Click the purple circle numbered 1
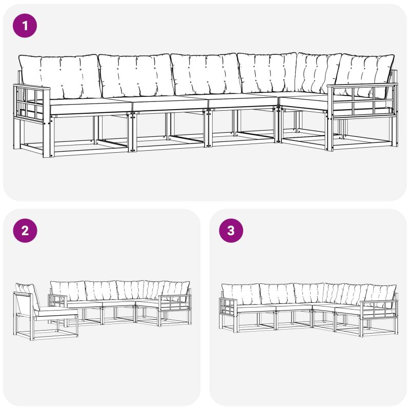point(25,26)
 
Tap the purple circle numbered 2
point(25,231)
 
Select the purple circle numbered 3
point(231,231)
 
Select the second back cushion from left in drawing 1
point(136,75)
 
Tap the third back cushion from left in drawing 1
point(206,74)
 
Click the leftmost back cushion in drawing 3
point(241,294)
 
